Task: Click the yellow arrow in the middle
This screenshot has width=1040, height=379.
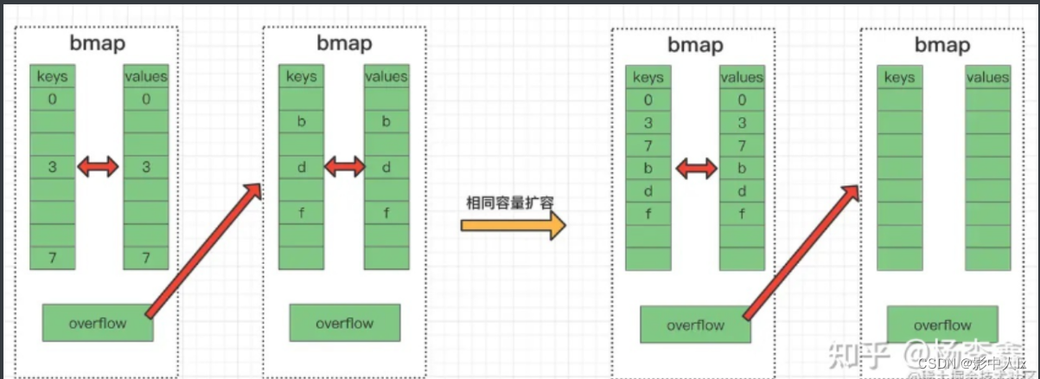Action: coord(512,226)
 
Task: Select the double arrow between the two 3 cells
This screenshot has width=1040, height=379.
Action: coord(98,167)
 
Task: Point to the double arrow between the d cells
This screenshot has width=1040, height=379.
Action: coord(344,166)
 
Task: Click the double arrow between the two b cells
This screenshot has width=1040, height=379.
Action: coord(697,167)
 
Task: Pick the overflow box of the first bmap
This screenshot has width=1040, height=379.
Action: coord(98,324)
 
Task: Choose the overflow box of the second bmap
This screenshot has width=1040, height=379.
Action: coord(344,324)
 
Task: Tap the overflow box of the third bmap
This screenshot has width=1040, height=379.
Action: coord(695,325)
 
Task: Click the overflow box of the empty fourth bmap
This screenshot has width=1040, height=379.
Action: coord(942,325)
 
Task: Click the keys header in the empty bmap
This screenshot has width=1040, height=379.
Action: coord(899,77)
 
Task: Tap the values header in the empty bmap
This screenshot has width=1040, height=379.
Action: coord(987,77)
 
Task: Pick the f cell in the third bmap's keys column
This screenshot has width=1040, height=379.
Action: coord(648,213)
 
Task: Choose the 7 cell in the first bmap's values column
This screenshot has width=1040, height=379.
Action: coord(146,258)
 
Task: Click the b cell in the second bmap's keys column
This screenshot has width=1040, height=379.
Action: coord(301,122)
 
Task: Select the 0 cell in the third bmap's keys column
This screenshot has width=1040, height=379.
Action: coord(648,100)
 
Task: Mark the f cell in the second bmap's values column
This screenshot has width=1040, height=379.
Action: coord(386,212)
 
